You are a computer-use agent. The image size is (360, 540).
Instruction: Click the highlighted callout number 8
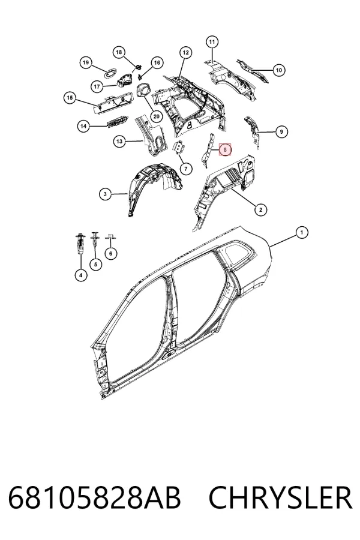coord(225,149)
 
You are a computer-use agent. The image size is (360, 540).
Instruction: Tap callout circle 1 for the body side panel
coord(302,232)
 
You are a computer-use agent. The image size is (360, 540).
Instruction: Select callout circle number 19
coord(86,62)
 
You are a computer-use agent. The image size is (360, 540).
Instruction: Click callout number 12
coord(185,53)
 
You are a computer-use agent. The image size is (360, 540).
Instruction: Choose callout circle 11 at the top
coord(212,42)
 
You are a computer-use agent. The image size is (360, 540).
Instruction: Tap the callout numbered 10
coord(278,70)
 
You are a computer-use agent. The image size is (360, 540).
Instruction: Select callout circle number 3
coord(105,194)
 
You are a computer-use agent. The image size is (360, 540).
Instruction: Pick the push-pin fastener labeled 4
coord(80,245)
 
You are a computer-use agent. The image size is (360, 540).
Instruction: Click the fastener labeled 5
coord(95,242)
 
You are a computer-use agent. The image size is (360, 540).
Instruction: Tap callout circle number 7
coord(186,169)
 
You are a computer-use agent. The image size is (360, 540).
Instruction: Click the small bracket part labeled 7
coord(179,148)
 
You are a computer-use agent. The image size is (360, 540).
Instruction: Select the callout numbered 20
coord(157,116)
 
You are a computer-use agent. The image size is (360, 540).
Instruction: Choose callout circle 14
coord(83,127)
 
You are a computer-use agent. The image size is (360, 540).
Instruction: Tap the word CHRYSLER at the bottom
coord(281,497)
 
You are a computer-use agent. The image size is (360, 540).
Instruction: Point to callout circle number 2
coord(260,209)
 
